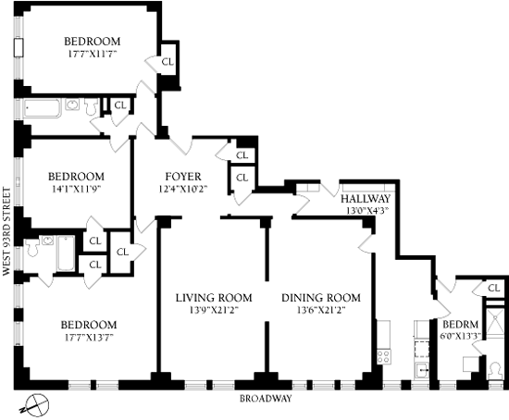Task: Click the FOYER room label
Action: (x=183, y=177)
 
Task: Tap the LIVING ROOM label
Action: (x=214, y=298)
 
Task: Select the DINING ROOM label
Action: (x=321, y=298)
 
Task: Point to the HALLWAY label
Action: (x=366, y=199)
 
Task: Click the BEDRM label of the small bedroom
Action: (x=460, y=324)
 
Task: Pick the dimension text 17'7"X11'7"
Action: (x=93, y=54)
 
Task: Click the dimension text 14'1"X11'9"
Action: (x=77, y=189)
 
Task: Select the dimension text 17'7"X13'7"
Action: (x=89, y=338)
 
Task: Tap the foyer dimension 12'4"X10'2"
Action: (x=183, y=189)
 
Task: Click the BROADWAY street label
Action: (x=266, y=398)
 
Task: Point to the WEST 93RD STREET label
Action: (x=6, y=232)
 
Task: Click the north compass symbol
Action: (x=35, y=404)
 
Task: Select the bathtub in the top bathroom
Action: (x=43, y=108)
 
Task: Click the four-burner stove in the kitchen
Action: (x=383, y=356)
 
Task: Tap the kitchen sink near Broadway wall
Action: (x=422, y=370)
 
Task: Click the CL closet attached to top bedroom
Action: (x=168, y=62)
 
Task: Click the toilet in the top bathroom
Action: (x=92, y=105)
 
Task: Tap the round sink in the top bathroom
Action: (x=73, y=105)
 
